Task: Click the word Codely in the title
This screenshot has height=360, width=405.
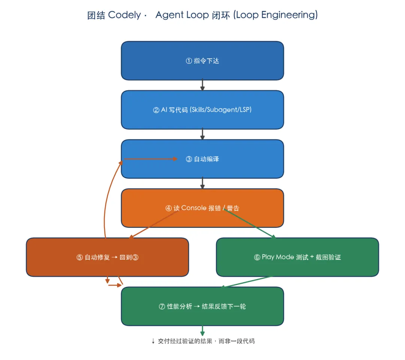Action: (x=124, y=15)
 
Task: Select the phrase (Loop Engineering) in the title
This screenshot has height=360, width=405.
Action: (x=275, y=15)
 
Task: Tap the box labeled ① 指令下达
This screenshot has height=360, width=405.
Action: (x=202, y=60)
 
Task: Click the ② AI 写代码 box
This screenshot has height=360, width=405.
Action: (x=202, y=110)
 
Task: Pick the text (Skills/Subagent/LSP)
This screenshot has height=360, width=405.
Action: (x=221, y=110)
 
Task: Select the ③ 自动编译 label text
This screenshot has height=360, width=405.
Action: (x=202, y=159)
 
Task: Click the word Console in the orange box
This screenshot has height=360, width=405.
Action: (x=194, y=208)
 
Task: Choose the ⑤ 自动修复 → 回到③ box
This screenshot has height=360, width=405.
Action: (x=108, y=257)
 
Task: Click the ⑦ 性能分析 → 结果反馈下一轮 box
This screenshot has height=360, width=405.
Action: (x=202, y=306)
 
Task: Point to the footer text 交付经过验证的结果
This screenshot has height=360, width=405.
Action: (x=185, y=341)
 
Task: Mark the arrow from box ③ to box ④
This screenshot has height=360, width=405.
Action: (x=202, y=183)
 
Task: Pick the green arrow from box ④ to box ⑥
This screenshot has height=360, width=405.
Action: (x=249, y=223)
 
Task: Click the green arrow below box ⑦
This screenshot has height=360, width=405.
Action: (x=202, y=330)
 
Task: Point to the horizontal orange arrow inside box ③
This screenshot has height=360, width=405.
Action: (x=151, y=159)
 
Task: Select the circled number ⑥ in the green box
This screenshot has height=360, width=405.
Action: (x=257, y=257)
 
